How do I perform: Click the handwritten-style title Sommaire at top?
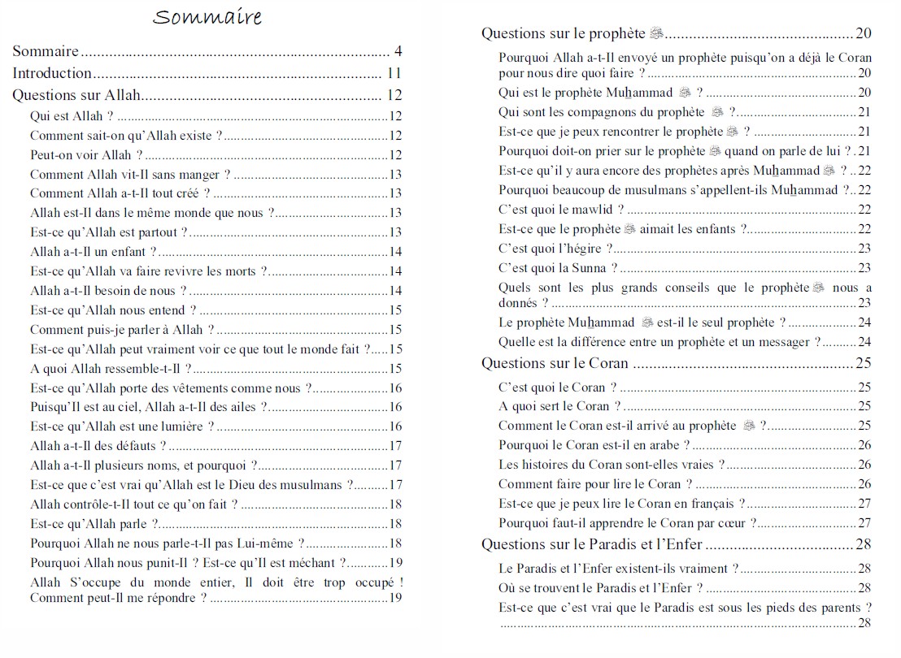tap(207, 18)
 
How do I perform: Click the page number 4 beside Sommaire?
tap(398, 52)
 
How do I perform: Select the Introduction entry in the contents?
tap(52, 73)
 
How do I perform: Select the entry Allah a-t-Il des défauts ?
tap(98, 446)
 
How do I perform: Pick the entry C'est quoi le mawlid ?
tap(561, 210)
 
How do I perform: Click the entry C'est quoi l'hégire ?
tap(555, 249)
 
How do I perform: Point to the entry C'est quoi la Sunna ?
tap(558, 268)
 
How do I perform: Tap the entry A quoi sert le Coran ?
tap(559, 406)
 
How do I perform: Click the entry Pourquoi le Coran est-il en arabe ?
tap(594, 445)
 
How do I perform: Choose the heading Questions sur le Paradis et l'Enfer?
tap(592, 544)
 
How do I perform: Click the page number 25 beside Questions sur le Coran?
tap(864, 363)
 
